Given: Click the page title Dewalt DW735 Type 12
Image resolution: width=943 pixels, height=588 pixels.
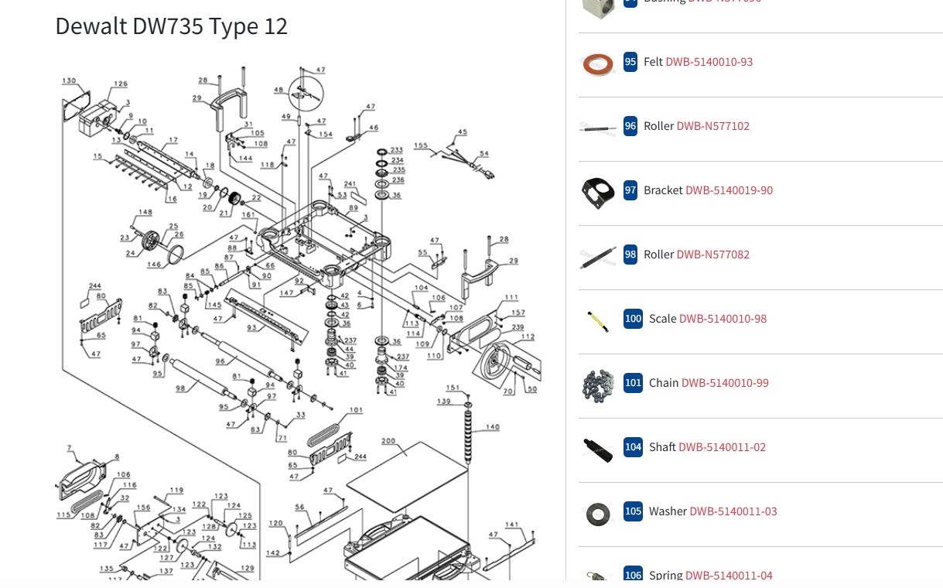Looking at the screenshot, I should pos(171,26).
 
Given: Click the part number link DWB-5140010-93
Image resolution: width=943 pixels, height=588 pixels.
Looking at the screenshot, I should pos(709,62).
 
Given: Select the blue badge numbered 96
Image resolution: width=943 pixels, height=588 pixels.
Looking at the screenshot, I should pos(630,126).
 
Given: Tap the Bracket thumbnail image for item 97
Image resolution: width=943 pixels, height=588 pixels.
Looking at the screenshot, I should pos(598,192).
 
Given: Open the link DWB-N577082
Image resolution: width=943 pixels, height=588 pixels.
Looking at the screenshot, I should pos(712,255).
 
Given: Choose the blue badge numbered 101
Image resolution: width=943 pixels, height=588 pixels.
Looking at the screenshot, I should pos(633,383).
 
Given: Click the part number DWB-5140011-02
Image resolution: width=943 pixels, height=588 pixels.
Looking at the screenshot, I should pos(722,447).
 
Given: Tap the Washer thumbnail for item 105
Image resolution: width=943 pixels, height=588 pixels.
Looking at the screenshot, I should pos(597,512).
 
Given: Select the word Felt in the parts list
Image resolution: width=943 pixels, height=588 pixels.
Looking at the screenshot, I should pos(653,62).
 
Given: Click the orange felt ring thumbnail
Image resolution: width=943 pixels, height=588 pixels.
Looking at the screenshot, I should pos(597,63).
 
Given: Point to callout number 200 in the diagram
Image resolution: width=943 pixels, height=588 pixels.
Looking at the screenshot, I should pos(388,442).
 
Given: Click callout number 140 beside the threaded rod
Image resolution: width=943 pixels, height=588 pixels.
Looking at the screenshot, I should pos(493,427).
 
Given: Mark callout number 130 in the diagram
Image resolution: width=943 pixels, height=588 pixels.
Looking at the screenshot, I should pos(70,81).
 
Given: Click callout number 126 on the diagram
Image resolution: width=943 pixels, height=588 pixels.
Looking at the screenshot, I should pos(121,84).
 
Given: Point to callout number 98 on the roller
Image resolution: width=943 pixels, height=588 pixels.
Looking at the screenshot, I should pos(180,388).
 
